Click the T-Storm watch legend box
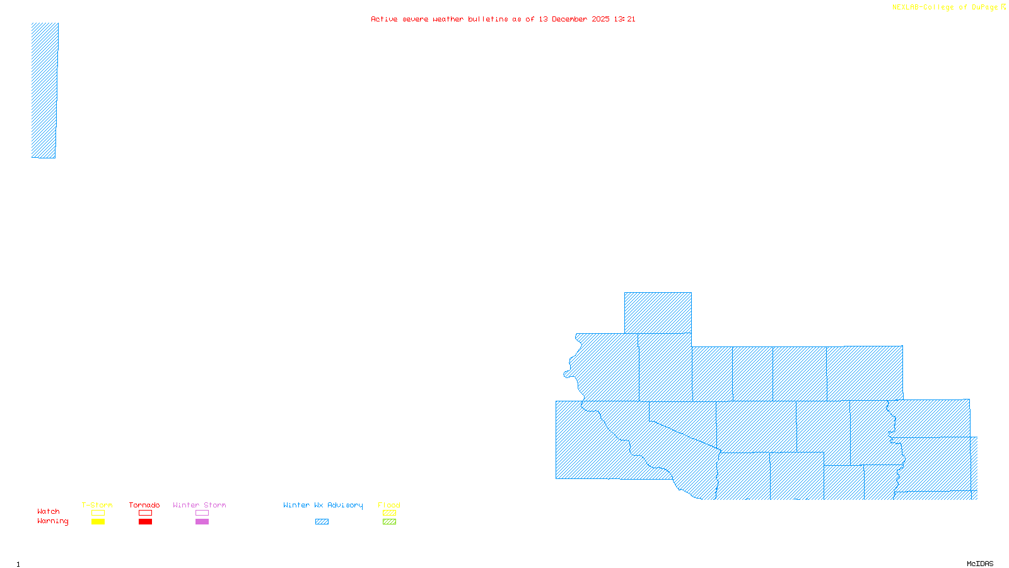[x=98, y=513]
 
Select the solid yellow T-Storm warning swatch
[x=98, y=522]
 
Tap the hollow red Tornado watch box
[x=145, y=513]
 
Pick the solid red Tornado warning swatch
[x=145, y=522]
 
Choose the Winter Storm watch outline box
[x=202, y=513]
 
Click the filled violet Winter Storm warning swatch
[x=202, y=522]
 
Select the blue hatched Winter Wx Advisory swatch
[x=322, y=522]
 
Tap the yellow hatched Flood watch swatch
[x=389, y=513]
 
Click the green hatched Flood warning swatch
[x=389, y=522]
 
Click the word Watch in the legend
[x=49, y=512]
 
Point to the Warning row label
[x=52, y=521]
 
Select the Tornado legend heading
[x=144, y=505]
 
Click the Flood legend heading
[x=389, y=505]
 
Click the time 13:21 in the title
[x=624, y=19]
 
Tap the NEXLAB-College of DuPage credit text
[x=945, y=8]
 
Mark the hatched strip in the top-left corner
[x=44, y=90]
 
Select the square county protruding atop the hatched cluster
[x=658, y=313]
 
